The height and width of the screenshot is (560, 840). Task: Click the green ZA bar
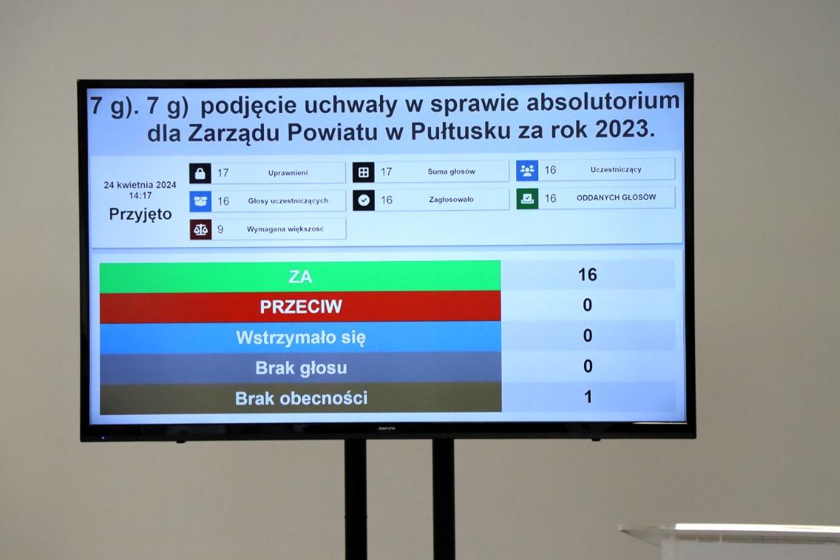coord(300,276)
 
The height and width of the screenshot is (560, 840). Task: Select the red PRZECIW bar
coord(300,307)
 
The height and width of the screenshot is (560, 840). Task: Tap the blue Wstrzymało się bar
coord(300,338)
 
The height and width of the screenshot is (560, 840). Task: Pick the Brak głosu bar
coord(300,368)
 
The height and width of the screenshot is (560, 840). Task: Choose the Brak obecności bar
coord(300,398)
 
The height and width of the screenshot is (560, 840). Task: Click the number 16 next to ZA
coord(587,275)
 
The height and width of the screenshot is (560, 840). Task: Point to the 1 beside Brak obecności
coord(588,397)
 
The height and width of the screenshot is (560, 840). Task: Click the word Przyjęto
coord(140,214)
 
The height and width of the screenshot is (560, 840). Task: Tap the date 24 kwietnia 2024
coord(140,185)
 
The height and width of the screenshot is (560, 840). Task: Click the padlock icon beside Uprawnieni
coord(200,173)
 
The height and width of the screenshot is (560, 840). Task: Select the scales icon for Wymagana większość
coord(201,230)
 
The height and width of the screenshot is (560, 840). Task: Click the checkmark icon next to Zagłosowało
coord(364,200)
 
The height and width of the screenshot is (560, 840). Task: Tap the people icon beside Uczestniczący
coord(527,171)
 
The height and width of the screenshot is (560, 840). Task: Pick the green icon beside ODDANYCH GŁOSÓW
coord(527,198)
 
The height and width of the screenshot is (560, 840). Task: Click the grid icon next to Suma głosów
coord(364,172)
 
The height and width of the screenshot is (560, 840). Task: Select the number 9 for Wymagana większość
coord(220,230)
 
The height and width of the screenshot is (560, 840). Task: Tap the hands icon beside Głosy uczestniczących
coord(201,201)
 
